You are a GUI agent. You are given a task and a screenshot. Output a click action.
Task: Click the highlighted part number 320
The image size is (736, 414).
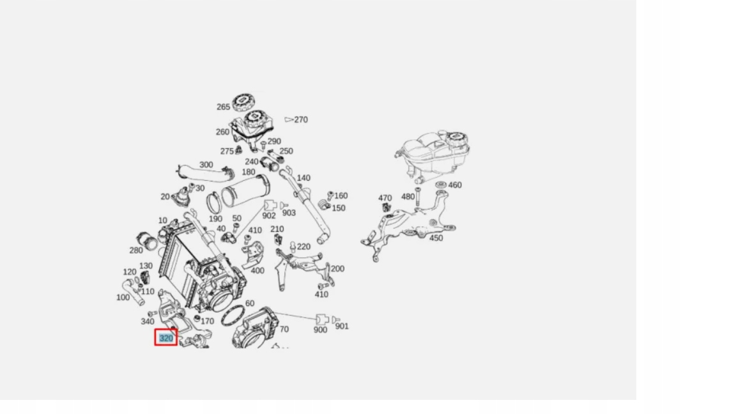click(x=166, y=337)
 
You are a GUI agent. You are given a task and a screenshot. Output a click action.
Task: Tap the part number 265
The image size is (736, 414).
click(x=223, y=107)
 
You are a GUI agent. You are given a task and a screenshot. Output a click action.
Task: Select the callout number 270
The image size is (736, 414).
click(x=301, y=119)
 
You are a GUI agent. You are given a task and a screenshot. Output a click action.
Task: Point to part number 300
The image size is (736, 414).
click(x=206, y=165)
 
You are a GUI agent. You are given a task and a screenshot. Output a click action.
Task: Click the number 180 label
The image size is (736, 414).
click(x=249, y=172)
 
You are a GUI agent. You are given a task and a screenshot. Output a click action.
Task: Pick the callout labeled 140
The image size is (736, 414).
click(x=303, y=178)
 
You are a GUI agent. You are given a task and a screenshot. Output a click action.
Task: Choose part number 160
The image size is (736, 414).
click(x=341, y=195)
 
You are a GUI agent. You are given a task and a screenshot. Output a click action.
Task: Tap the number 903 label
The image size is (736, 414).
click(x=289, y=213)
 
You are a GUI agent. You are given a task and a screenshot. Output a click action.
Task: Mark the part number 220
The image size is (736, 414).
click(x=303, y=247)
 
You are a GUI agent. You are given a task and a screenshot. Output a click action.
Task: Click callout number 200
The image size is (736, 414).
click(x=337, y=268)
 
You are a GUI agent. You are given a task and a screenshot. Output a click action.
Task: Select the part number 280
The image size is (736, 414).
click(x=136, y=250)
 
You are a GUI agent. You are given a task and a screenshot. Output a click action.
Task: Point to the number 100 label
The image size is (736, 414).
click(x=123, y=297)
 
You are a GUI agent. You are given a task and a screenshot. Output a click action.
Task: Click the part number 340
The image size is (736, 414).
click(x=147, y=321)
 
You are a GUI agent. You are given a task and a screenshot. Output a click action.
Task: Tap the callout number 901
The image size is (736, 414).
click(x=342, y=326)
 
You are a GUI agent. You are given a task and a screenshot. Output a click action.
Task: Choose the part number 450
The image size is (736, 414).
click(x=436, y=238)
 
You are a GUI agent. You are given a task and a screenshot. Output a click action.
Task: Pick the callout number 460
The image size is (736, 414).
click(x=455, y=185)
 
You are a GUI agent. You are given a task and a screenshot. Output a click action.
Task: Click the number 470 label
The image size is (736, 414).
click(x=385, y=198)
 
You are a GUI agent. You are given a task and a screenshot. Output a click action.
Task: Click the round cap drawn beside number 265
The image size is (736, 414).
click(x=243, y=101)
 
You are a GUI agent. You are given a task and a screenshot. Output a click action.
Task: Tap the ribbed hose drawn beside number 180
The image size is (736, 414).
click(x=246, y=190)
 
